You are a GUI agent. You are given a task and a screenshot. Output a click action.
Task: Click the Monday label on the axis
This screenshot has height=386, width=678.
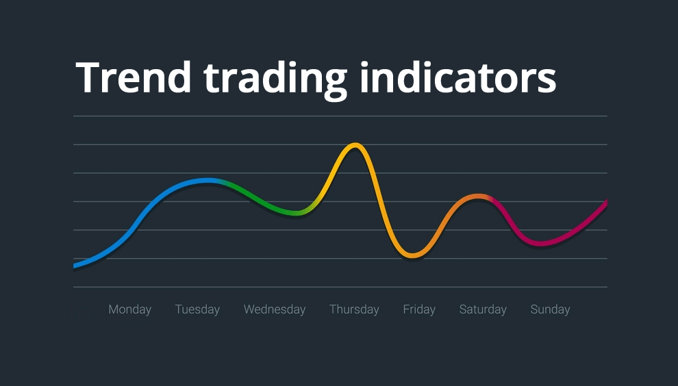[129, 309]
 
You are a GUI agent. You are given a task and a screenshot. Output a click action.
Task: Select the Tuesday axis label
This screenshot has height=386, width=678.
[197, 309]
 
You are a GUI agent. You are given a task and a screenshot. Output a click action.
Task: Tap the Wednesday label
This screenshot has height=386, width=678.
[275, 309]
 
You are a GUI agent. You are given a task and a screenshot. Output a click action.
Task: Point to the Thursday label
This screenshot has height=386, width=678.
[354, 309]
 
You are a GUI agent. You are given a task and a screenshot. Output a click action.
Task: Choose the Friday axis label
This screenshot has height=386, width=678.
[419, 309]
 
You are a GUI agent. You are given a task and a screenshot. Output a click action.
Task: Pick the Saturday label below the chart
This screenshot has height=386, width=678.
[483, 309]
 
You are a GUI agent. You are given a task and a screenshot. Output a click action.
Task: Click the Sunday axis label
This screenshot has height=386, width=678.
[550, 309]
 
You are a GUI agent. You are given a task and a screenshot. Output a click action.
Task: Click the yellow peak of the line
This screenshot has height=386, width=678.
[355, 145]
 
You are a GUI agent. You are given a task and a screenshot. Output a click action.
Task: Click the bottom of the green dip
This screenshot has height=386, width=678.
[294, 214]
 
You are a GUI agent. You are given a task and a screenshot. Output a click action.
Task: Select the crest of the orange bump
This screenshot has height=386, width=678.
[478, 197]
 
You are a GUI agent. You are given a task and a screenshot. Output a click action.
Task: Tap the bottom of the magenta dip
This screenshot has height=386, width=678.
[541, 243]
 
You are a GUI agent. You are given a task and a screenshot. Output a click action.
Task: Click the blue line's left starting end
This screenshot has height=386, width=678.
[75, 265]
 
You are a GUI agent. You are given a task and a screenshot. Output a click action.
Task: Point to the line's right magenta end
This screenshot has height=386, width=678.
[605, 203]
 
